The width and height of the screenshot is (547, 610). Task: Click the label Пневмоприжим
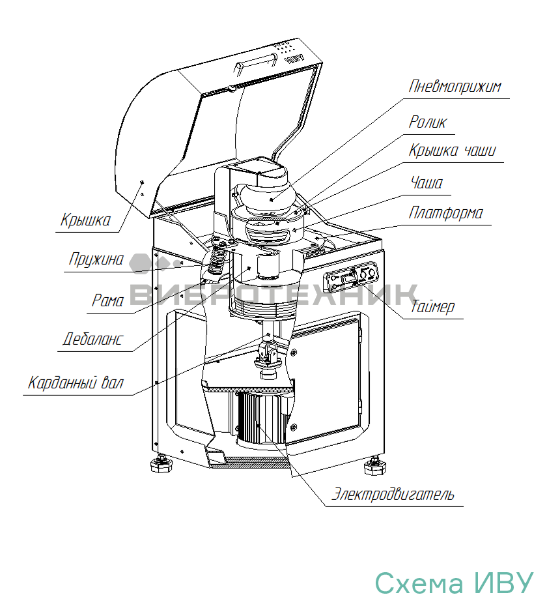point(455,87)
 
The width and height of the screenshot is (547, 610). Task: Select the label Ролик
point(428,122)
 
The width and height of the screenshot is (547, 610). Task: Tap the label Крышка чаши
point(452,151)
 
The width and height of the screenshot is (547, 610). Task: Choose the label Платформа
point(446,213)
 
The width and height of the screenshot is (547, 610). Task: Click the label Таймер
point(432,307)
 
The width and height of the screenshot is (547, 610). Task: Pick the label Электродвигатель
point(393,493)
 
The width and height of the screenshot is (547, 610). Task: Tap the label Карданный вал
point(76,382)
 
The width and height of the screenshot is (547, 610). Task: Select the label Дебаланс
point(92,340)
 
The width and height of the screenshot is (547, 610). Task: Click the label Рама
point(107,300)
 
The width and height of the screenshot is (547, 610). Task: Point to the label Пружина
point(96,259)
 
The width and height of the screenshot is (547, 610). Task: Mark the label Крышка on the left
point(85,220)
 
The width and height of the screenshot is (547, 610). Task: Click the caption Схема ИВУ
point(454,583)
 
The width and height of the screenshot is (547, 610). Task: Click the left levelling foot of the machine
point(161,464)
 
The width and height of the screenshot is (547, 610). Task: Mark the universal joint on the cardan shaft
point(269,355)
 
